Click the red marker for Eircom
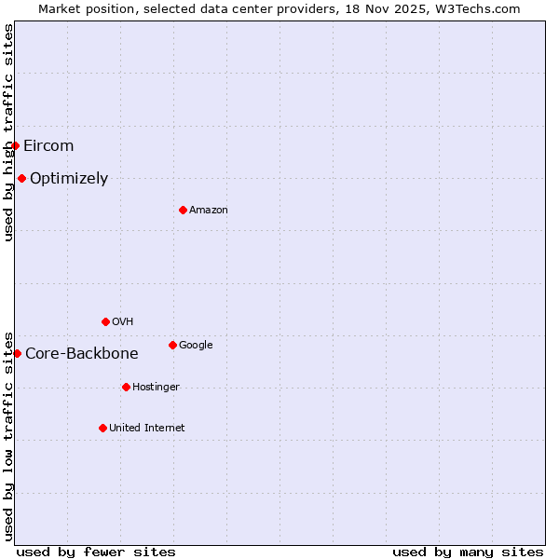[x=15, y=145]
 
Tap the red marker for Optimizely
[x=21, y=178]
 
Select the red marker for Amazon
[x=183, y=210]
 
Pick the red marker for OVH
[x=105, y=321]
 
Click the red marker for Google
[x=172, y=345]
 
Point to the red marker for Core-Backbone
[x=17, y=353]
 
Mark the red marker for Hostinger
[x=126, y=387]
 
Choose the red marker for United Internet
[x=102, y=428]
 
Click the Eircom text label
[x=48, y=145]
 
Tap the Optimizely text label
[x=69, y=179]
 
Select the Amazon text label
[x=209, y=211]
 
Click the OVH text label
[x=123, y=322]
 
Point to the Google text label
[x=196, y=346]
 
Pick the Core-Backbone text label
[x=82, y=354]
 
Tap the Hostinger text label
[x=156, y=388]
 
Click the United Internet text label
[x=147, y=429]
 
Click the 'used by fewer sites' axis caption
[x=96, y=552]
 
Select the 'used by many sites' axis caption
[x=468, y=552]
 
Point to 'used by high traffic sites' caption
[x=8, y=132]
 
